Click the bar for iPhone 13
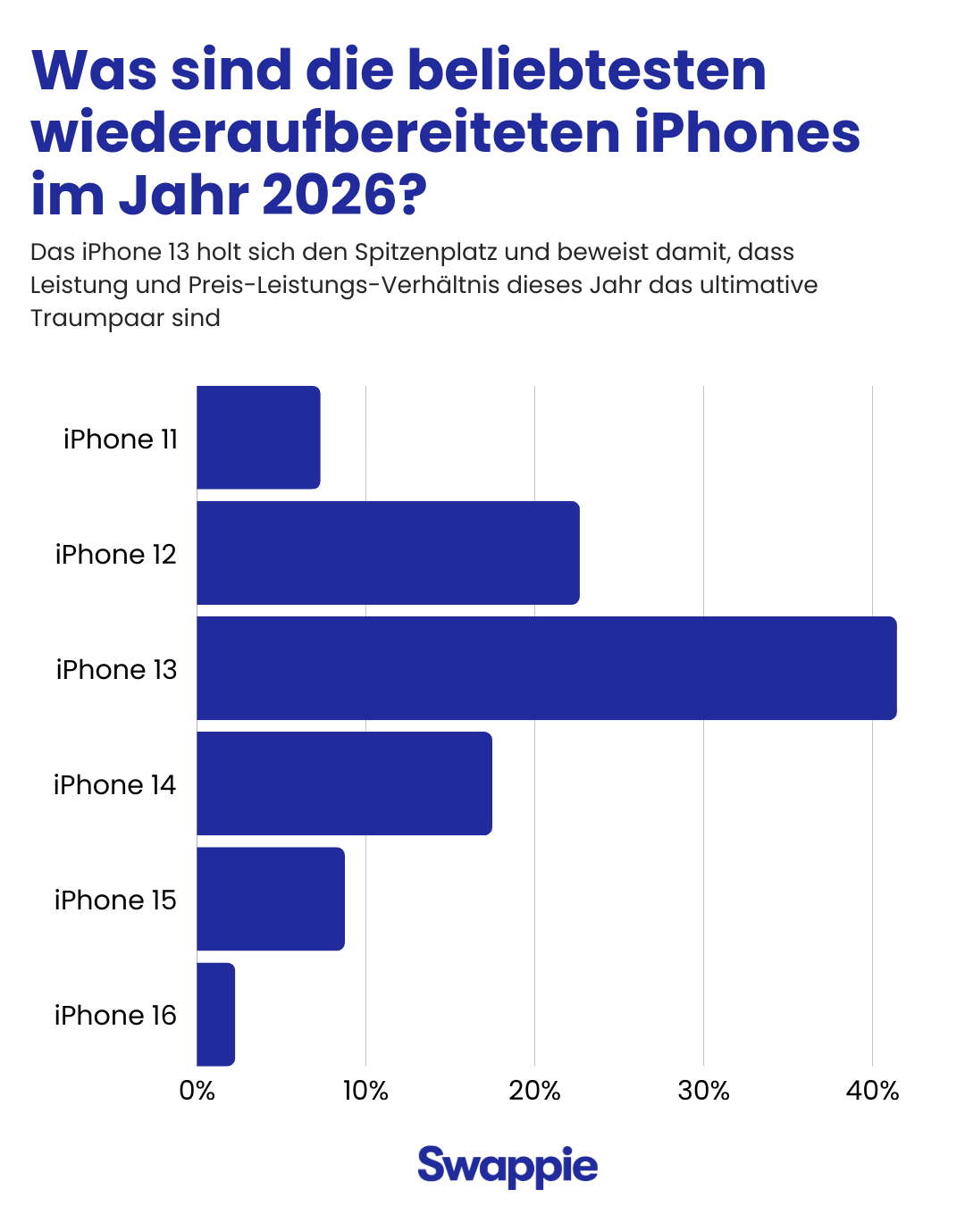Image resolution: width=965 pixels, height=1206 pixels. point(546,668)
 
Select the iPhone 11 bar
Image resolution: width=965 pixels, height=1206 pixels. point(258,438)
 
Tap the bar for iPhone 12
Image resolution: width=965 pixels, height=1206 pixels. point(388,553)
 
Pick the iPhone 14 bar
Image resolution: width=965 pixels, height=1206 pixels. point(344,783)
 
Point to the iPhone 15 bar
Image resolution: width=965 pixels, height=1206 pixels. point(270,899)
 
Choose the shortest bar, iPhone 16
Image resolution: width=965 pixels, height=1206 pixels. point(215,1014)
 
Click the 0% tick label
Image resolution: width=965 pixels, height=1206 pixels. point(197,1091)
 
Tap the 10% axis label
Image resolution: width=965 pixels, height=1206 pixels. point(365,1091)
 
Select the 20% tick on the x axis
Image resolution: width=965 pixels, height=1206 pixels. point(534,1091)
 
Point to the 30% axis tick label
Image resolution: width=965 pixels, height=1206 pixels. point(703,1091)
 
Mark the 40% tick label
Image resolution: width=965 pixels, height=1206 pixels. point(872,1091)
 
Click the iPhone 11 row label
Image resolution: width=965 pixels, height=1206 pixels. point(121,439)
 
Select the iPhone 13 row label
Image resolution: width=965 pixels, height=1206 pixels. point(116,669)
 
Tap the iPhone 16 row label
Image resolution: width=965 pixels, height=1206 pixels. point(115,1015)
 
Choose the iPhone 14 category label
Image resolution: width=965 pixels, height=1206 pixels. point(114,784)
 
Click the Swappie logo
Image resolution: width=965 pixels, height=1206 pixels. point(508,1166)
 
